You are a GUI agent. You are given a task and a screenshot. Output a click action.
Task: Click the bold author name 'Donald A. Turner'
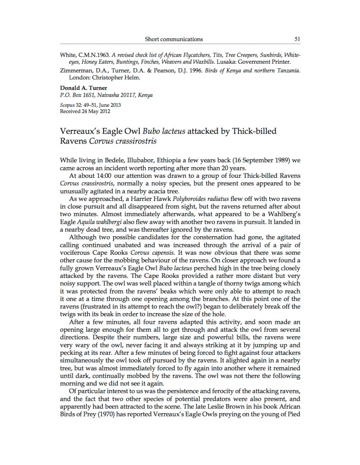pyautogui.click(x=83, y=89)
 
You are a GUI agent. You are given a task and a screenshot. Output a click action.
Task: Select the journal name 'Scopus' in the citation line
pyautogui.click(x=66, y=105)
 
